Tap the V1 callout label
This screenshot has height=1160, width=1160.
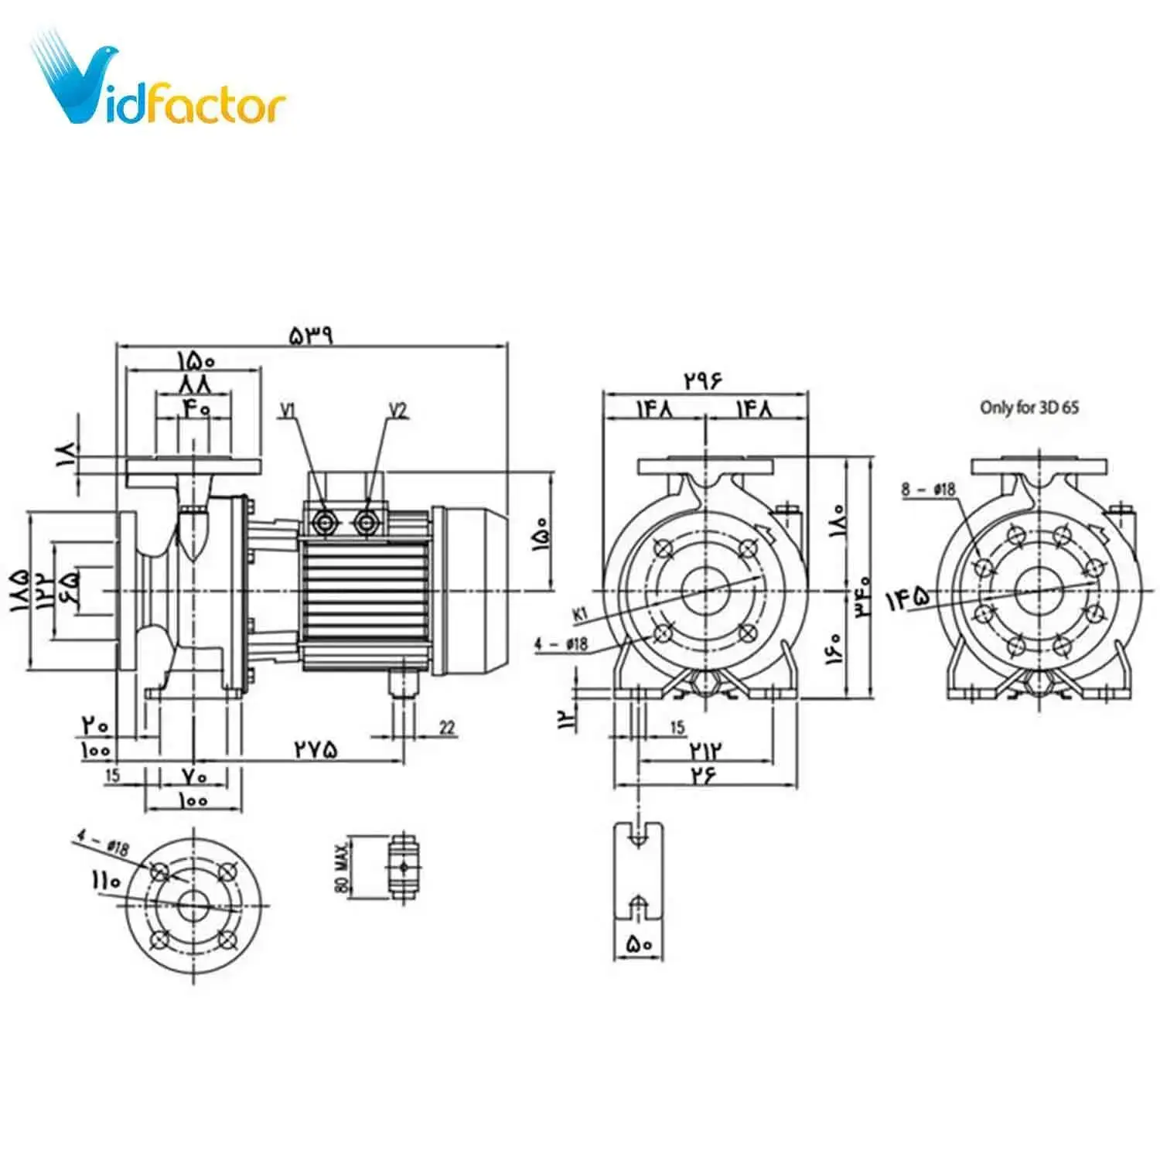point(288,410)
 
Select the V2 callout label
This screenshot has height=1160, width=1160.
point(397,410)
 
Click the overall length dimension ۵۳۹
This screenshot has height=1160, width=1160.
point(311,335)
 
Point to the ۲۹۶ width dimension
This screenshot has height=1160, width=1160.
point(703,380)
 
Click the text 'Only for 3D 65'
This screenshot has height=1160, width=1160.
point(1029,408)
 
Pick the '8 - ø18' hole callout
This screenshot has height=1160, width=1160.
point(928,490)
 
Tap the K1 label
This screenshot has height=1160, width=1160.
point(580,615)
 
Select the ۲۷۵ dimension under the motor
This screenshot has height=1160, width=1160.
point(316,749)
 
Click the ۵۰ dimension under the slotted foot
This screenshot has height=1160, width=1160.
point(639,944)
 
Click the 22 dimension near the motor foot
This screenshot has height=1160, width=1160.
point(447,727)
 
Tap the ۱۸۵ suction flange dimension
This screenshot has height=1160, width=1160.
point(19,592)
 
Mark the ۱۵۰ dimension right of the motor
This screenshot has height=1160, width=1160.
point(541,534)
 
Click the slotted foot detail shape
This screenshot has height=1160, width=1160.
point(638,871)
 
